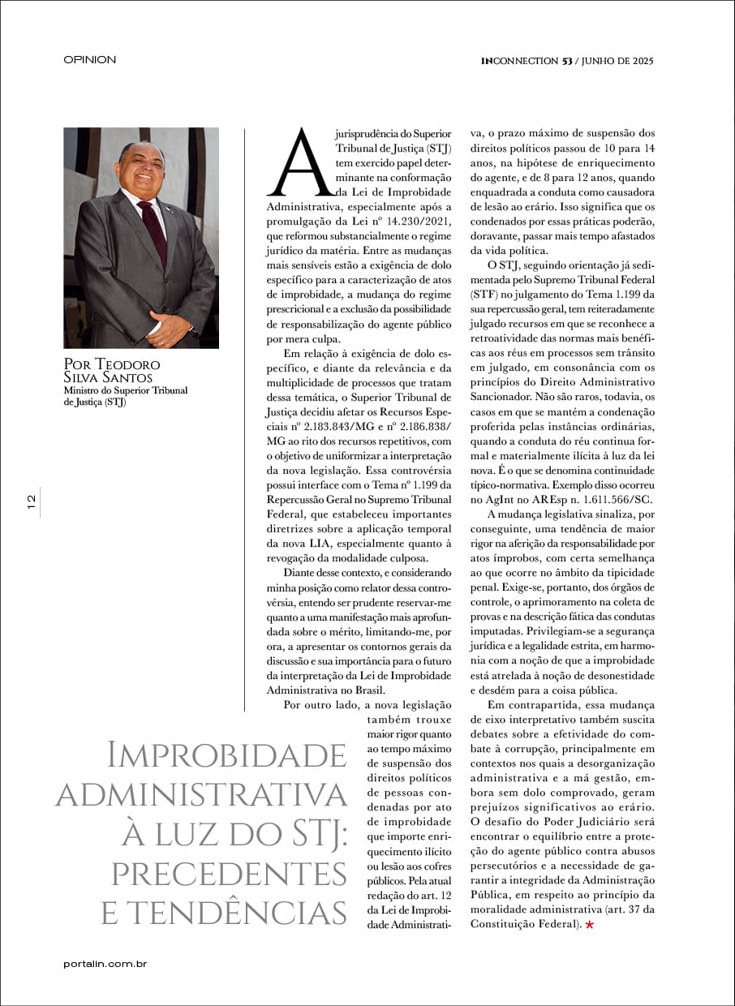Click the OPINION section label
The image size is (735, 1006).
(x=89, y=59)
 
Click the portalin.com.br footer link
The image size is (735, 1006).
(x=105, y=964)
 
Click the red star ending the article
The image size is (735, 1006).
(x=589, y=925)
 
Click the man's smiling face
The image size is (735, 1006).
(x=140, y=166)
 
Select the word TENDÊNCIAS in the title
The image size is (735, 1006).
(x=224, y=913)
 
